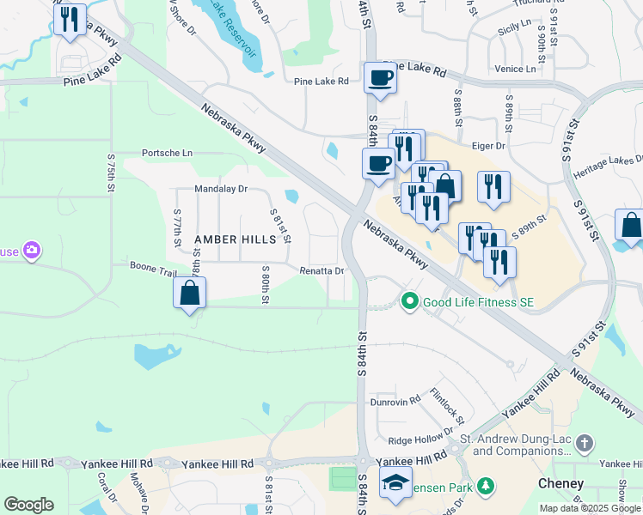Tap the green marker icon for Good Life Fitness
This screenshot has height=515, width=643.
[409, 301]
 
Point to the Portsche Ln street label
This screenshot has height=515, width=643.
[168, 153]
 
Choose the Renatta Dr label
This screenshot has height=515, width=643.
[321, 271]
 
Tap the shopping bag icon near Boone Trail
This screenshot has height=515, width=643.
[189, 294]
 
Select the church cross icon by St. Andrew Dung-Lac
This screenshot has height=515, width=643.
[585, 444]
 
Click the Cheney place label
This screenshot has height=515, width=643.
[560, 484]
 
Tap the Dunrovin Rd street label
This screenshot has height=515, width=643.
[395, 400]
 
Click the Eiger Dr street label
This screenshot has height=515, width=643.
[488, 147]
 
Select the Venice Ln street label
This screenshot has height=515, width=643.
[515, 69]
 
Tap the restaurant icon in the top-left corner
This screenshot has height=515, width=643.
[70, 19]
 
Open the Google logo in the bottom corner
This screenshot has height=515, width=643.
[28, 505]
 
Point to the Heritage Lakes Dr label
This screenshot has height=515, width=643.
[614, 161]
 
